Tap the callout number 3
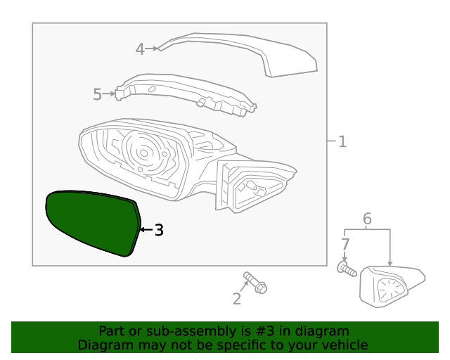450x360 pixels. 159,230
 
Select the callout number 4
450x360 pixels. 140,49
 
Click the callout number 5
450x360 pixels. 98,94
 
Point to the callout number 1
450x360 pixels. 342,142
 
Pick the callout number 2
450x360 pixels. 237,300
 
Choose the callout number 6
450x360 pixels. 367,219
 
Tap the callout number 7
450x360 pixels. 345,245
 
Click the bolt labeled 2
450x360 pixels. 255,283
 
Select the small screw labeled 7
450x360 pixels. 347,269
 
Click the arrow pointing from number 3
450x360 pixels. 146,230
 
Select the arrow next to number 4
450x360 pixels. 152,49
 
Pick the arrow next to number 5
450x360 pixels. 110,93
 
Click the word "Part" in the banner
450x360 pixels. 112,331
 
